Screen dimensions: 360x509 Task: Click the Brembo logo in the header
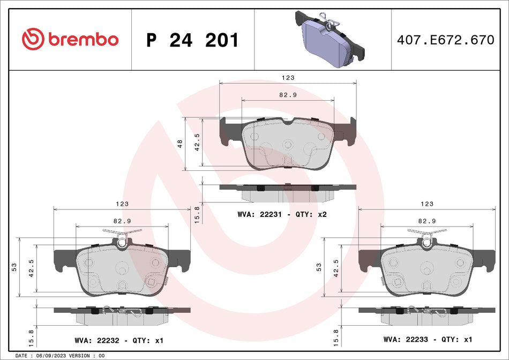tap(70, 39)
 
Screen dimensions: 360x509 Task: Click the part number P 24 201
tap(192, 40)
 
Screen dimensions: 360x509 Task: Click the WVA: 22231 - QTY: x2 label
tap(282, 214)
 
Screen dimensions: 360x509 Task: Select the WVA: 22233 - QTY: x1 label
tap(428, 340)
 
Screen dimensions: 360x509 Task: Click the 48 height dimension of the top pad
tap(180, 144)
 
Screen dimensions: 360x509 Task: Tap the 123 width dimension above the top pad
tap(288, 78)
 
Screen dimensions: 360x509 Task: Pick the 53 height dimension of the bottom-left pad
tap(14, 266)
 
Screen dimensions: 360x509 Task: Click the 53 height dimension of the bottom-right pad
tap(319, 266)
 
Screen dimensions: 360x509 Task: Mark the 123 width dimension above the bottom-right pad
tap(427, 204)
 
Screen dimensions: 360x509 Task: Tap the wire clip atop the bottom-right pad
tap(427, 235)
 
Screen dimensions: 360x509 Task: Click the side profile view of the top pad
tap(288, 191)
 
